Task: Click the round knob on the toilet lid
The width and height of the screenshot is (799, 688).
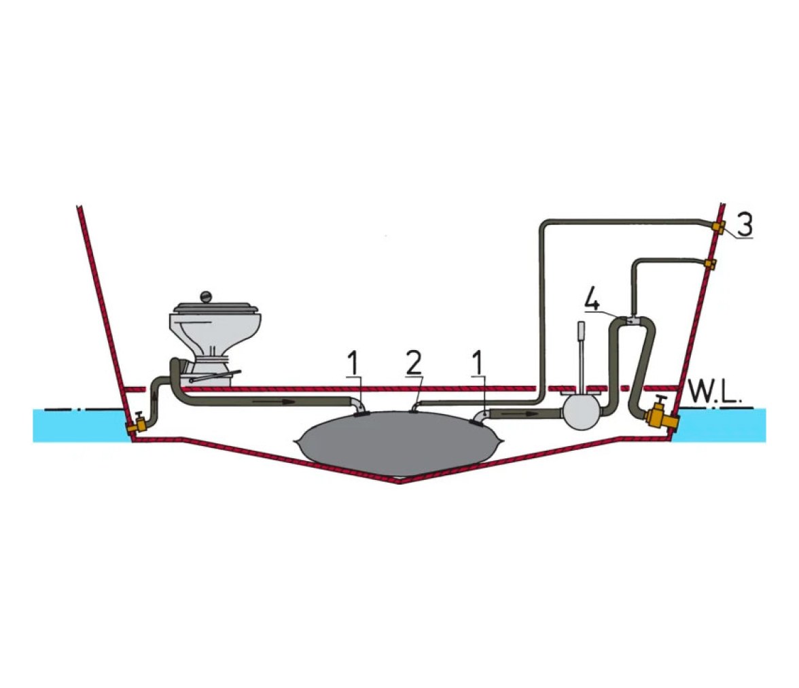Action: pyautogui.click(x=206, y=296)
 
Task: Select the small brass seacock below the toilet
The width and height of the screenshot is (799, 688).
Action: pyautogui.click(x=138, y=422)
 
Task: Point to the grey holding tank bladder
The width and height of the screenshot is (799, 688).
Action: pyautogui.click(x=401, y=444)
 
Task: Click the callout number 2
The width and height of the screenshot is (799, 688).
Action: pyautogui.click(x=414, y=362)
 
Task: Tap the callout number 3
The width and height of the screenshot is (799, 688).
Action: pyautogui.click(x=744, y=224)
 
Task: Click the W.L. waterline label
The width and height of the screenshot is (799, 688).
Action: pyautogui.click(x=711, y=392)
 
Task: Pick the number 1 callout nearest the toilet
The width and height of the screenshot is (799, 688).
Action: pyautogui.click(x=353, y=362)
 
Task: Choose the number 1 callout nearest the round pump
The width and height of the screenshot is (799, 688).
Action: pyautogui.click(x=478, y=362)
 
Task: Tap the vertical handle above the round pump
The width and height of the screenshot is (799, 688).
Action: pyautogui.click(x=582, y=356)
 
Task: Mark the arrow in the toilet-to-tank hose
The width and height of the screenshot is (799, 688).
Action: pyautogui.click(x=273, y=401)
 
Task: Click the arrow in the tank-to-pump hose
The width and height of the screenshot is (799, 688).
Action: pyautogui.click(x=519, y=413)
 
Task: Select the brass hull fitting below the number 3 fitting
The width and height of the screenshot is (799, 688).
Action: pyautogui.click(x=711, y=264)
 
